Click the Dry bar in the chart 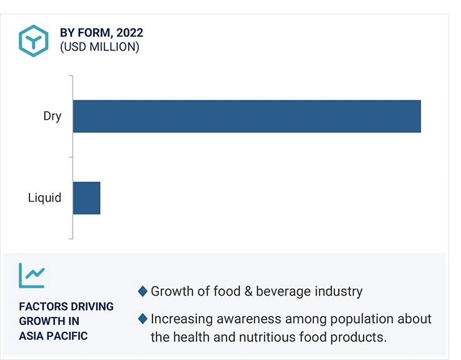click(246, 116)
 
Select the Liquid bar click(86, 198)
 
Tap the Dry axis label click(52, 116)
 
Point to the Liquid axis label click(44, 198)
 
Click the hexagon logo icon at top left click(34, 39)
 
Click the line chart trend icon click(32, 274)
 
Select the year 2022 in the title click(129, 32)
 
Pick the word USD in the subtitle click(74, 47)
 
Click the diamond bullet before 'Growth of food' click(143, 291)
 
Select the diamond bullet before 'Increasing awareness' click(143, 319)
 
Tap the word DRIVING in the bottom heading click(91, 307)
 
